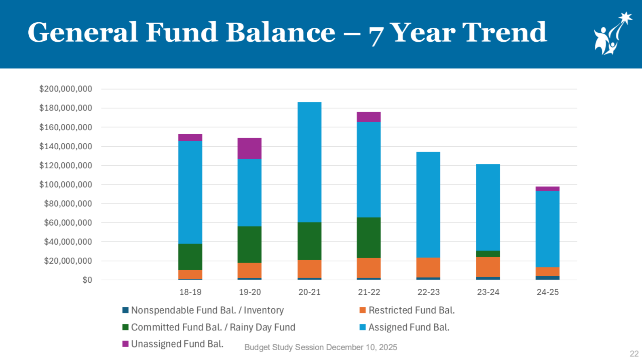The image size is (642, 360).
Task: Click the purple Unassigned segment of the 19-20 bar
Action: (249, 148)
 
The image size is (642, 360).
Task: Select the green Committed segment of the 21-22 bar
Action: (369, 237)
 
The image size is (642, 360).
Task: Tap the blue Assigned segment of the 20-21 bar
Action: (309, 162)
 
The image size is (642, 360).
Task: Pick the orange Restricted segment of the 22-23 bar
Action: (428, 267)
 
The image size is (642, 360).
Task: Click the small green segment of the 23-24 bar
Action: (488, 254)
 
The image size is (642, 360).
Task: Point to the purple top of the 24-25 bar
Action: (547, 189)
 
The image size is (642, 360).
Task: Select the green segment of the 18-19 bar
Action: (190, 257)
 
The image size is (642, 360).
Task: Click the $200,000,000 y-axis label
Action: (65, 89)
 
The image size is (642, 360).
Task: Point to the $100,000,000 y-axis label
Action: (65, 184)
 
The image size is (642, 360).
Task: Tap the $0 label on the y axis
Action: (87, 280)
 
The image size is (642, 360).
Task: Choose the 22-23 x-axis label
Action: (429, 292)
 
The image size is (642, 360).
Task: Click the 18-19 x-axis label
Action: (190, 292)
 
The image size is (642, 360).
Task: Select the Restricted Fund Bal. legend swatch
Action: (363, 310)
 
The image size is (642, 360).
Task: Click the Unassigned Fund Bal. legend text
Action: (177, 344)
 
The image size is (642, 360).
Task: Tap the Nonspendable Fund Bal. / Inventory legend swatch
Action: (125, 310)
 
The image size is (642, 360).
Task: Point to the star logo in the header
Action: (612, 33)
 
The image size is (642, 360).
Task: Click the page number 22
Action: (634, 354)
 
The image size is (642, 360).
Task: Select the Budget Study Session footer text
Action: (321, 347)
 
